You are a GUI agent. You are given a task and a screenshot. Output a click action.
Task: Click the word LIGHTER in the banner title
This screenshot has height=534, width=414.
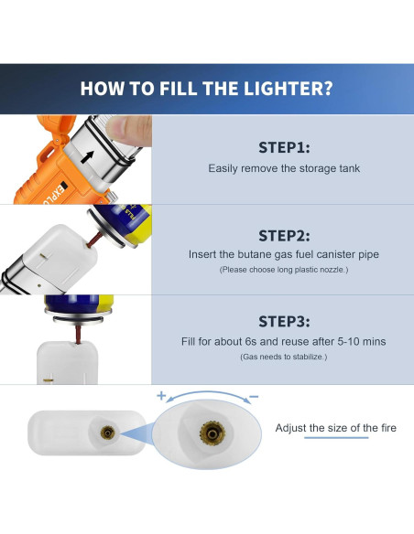(x=282, y=88)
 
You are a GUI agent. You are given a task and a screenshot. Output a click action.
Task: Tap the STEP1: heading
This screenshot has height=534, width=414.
(x=284, y=147)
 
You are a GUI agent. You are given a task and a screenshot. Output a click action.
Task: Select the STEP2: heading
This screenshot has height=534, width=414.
(x=284, y=236)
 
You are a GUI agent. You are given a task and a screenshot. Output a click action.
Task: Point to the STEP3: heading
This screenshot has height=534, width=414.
(x=284, y=322)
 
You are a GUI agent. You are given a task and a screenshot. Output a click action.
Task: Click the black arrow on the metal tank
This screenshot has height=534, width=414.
(x=87, y=157)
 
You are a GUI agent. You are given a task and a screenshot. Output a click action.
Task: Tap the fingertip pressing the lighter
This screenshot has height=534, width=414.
(x=128, y=130)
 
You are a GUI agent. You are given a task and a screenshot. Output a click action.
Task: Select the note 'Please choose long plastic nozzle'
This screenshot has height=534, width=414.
(x=284, y=270)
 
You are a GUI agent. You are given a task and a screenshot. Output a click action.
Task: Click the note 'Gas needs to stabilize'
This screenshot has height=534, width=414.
(x=284, y=357)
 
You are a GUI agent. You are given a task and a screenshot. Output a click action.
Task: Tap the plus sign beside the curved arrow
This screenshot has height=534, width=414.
(x=161, y=396)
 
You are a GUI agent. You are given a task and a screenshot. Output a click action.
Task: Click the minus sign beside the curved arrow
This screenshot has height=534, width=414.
(x=254, y=397)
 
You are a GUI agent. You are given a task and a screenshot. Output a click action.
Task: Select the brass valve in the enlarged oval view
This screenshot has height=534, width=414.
(x=212, y=433)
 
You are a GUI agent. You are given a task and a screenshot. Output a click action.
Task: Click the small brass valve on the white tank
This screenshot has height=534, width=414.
(x=108, y=433)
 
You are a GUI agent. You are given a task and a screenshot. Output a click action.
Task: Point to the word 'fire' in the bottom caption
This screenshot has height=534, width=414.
(x=388, y=428)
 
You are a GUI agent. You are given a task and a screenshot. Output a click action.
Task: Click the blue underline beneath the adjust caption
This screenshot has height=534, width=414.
(x=336, y=437)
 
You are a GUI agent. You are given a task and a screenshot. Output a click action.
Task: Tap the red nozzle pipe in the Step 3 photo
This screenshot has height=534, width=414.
(x=78, y=334)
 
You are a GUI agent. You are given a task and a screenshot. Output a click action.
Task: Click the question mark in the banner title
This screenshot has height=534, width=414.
(x=327, y=88)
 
